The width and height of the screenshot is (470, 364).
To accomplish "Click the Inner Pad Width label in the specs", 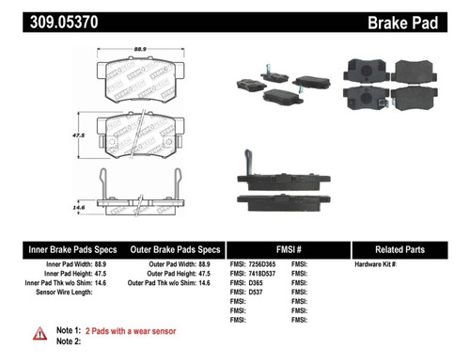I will point(50,266).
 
